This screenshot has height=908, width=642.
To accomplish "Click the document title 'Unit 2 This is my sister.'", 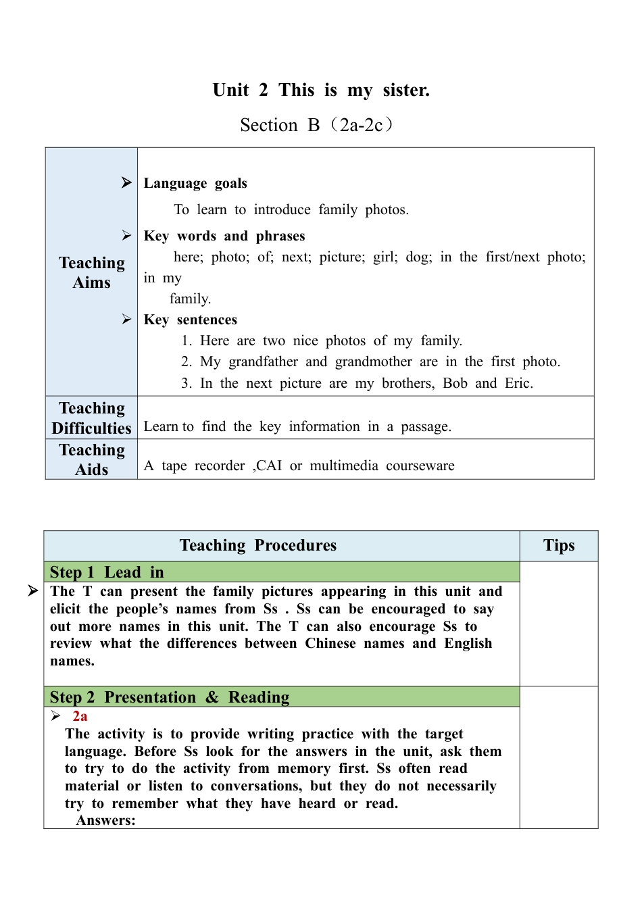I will pyautogui.click(x=321, y=91).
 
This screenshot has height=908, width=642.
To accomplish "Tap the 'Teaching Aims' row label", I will pyautogui.click(x=92, y=272).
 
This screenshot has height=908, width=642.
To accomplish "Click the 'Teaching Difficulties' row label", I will pyautogui.click(x=92, y=418).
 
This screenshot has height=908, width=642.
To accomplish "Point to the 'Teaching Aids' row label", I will pyautogui.click(x=92, y=459).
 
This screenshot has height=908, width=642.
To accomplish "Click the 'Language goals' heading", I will pyautogui.click(x=195, y=183).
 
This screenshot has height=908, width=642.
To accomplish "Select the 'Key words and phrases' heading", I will pyautogui.click(x=224, y=236).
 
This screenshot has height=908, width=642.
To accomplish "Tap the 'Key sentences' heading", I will pyautogui.click(x=191, y=320).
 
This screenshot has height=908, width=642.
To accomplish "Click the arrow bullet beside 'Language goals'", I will pyautogui.click(x=126, y=182).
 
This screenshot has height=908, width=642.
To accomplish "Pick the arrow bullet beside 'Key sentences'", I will pyautogui.click(x=126, y=319).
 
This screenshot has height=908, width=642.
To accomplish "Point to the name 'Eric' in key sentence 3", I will pyautogui.click(x=518, y=384).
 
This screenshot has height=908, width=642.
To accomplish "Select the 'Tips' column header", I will pyautogui.click(x=559, y=546).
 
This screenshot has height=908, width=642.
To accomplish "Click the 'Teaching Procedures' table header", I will pyautogui.click(x=258, y=546).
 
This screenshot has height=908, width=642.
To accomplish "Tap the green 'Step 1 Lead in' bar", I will pyautogui.click(x=282, y=572).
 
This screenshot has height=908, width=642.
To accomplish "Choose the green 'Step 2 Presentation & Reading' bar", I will pyautogui.click(x=282, y=697).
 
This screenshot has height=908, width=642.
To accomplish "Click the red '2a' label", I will pyautogui.click(x=80, y=716).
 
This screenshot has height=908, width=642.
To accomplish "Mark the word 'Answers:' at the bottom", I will pyautogui.click(x=105, y=820).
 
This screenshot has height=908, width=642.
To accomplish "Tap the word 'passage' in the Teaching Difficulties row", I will pyautogui.click(x=424, y=426).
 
